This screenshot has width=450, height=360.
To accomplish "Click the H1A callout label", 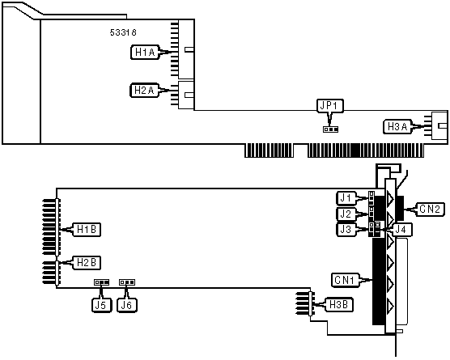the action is (x=145, y=53).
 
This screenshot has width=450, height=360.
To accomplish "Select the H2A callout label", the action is (x=144, y=91).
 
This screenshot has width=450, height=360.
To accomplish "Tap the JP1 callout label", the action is (x=330, y=105).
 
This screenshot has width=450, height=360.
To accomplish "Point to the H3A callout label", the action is (x=397, y=126).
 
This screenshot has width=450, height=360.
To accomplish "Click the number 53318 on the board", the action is (x=123, y=32).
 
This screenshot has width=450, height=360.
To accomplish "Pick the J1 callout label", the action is (x=346, y=198).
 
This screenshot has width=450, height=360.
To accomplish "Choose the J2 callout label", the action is (x=346, y=214).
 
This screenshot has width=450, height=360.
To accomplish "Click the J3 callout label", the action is (x=346, y=230).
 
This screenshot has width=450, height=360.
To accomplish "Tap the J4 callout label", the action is (x=402, y=230).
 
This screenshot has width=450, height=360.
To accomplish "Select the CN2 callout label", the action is (x=430, y=209).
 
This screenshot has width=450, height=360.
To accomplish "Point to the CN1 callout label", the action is (x=345, y=280).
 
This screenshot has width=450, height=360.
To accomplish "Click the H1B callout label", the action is (x=87, y=230).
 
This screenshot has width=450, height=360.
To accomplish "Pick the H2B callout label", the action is (x=87, y=262).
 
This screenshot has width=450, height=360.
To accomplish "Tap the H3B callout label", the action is (x=338, y=305).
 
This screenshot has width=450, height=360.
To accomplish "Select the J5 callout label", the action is (x=101, y=305).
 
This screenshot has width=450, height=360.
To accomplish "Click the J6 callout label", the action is (x=127, y=305).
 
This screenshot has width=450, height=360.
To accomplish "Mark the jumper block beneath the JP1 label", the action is (x=330, y=129).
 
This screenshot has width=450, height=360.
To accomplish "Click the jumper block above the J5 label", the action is (x=102, y=282).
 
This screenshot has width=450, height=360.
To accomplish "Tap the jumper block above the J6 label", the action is (x=127, y=282).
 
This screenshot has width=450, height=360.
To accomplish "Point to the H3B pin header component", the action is (x=305, y=303).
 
